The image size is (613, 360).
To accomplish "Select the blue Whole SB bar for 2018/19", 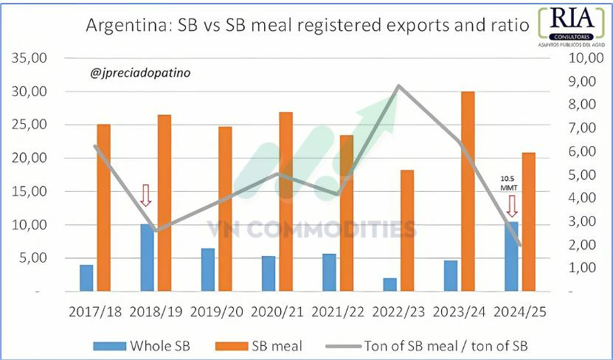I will click(x=147, y=257).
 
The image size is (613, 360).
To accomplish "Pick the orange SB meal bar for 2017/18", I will click(x=104, y=208).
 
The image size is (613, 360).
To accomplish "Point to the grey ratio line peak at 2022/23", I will click(x=398, y=86).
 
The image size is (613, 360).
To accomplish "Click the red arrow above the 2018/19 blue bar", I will click(x=145, y=195).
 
